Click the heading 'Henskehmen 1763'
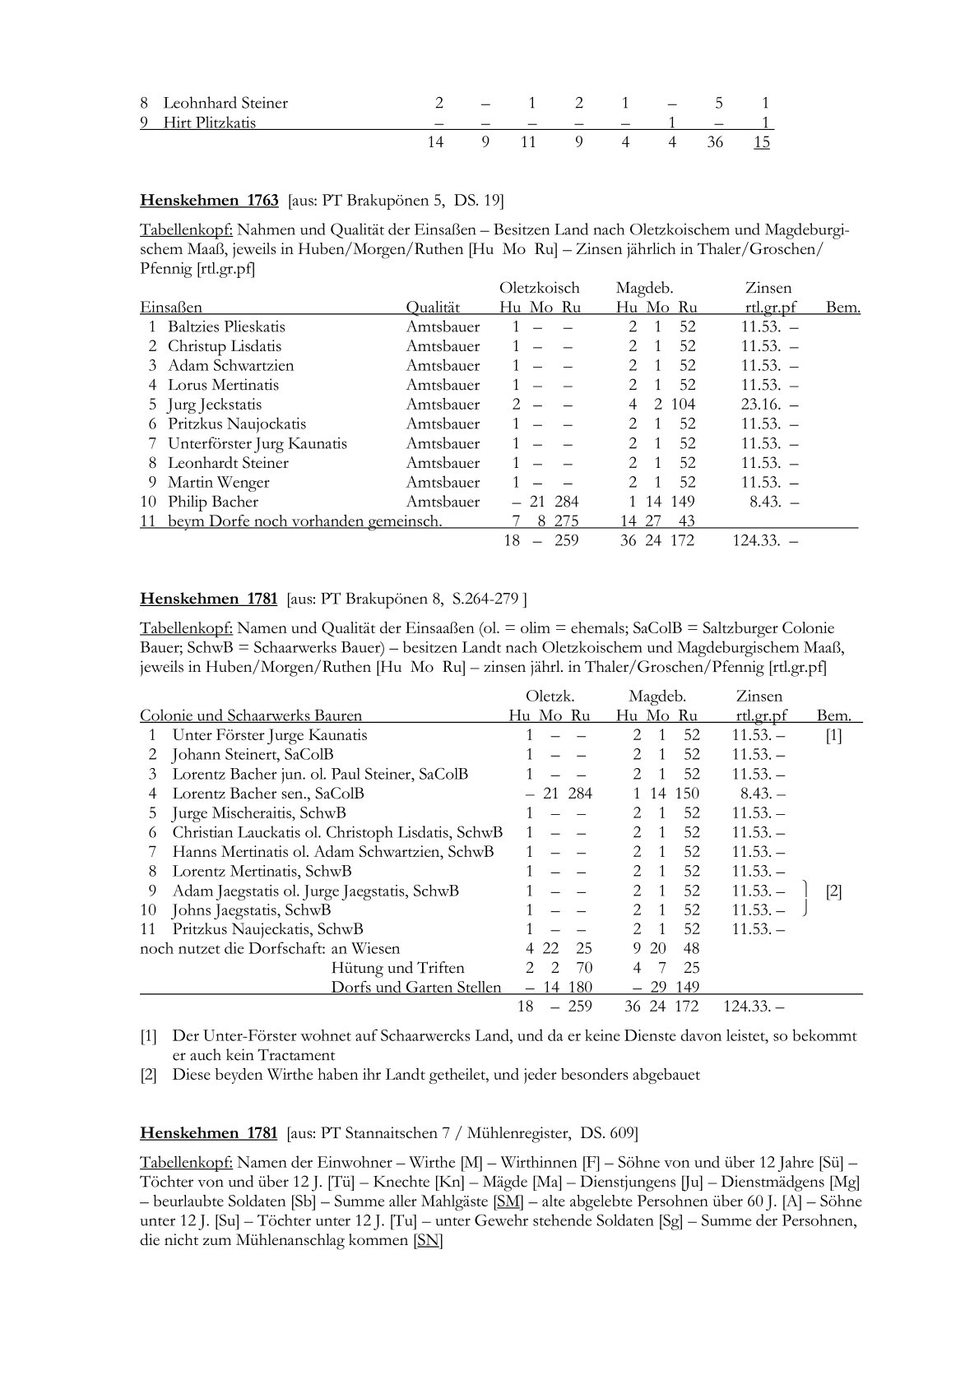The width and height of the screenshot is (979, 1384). tap(209, 200)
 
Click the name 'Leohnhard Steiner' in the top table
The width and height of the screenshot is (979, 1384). tap(225, 104)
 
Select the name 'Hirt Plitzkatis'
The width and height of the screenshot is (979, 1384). tap(209, 123)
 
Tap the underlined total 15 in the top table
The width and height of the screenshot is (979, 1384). tap(762, 142)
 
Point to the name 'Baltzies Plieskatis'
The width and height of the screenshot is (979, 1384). tap(226, 326)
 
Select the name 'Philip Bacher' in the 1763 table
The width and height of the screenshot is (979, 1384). tap(213, 502)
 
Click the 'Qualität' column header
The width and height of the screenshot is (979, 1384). tap(433, 308)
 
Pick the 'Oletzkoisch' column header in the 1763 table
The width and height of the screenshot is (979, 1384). tap(540, 288)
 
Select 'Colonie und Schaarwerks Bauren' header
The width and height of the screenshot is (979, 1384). tap(251, 715)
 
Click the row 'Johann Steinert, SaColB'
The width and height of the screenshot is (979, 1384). tap(253, 754)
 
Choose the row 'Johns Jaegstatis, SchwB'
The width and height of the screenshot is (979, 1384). tap(251, 910)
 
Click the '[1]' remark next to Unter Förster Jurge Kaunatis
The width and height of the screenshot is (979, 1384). tap(833, 735)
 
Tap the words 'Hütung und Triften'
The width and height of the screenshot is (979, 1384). tap(397, 968)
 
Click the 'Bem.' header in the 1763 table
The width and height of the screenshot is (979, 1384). tap(843, 308)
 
